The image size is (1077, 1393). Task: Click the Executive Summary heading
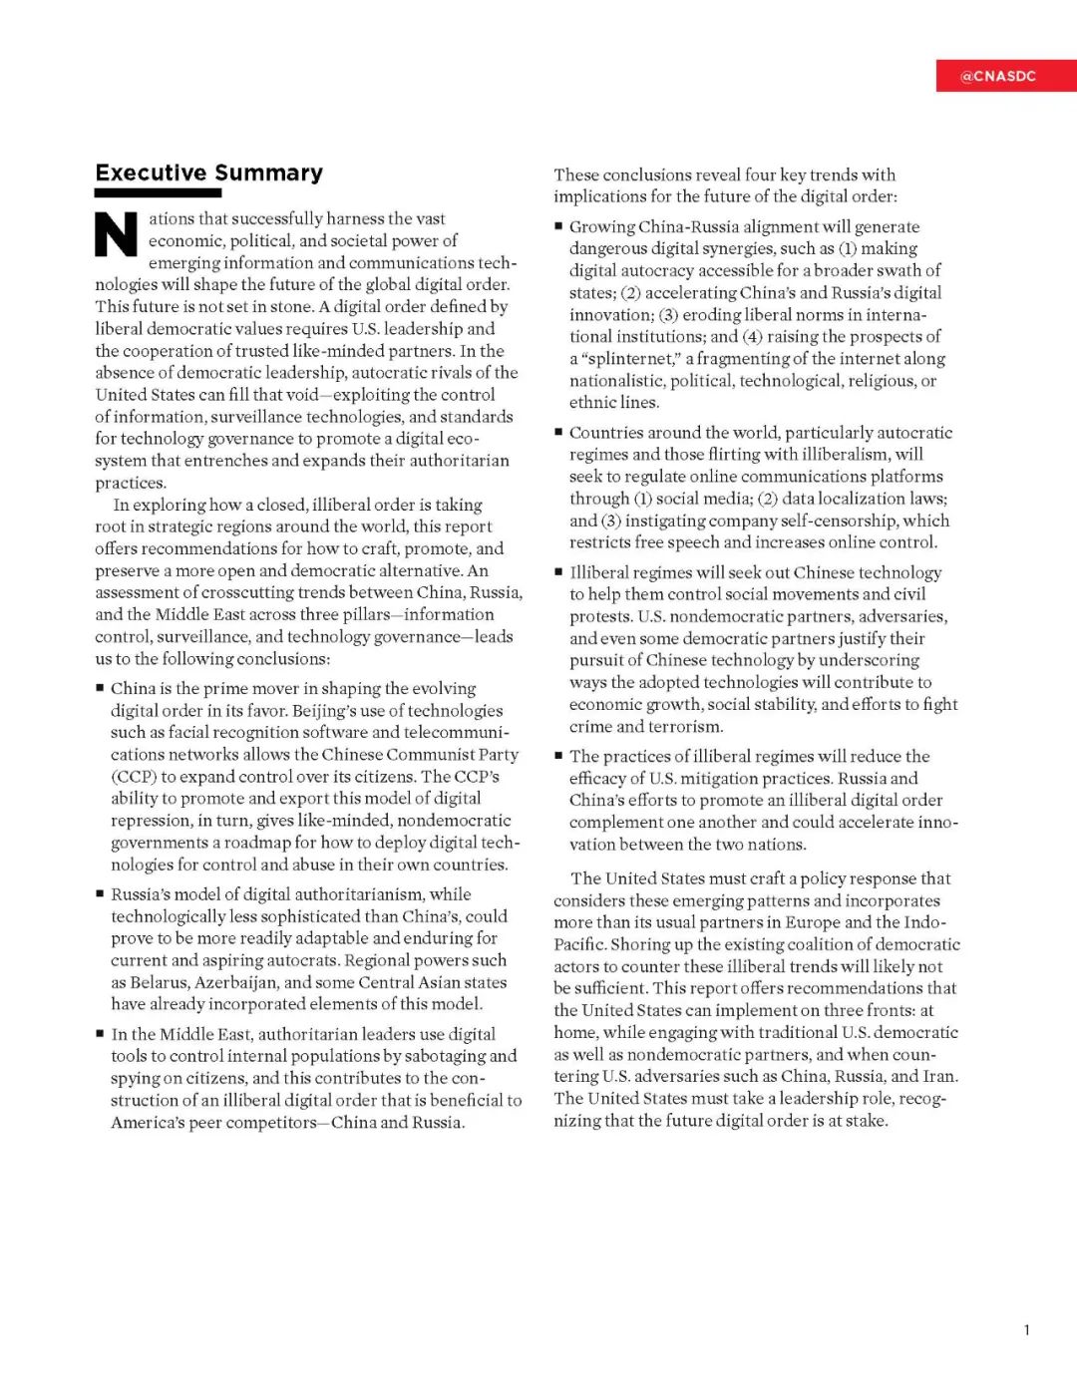(x=209, y=173)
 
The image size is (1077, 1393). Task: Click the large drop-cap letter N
(x=117, y=235)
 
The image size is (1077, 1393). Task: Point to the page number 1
(x=1027, y=1329)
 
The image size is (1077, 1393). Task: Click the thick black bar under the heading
(x=158, y=193)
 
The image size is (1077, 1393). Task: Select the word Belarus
(x=160, y=982)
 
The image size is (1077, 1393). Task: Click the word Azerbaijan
(x=236, y=982)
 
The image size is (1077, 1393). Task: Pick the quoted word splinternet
(x=630, y=358)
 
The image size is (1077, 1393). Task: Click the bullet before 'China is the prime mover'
(x=101, y=688)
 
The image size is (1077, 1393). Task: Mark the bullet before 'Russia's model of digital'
(x=101, y=894)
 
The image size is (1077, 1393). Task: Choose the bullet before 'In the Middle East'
(x=101, y=1034)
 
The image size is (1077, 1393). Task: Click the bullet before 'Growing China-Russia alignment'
(x=559, y=226)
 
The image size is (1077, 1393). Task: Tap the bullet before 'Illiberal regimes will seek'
(x=559, y=572)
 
